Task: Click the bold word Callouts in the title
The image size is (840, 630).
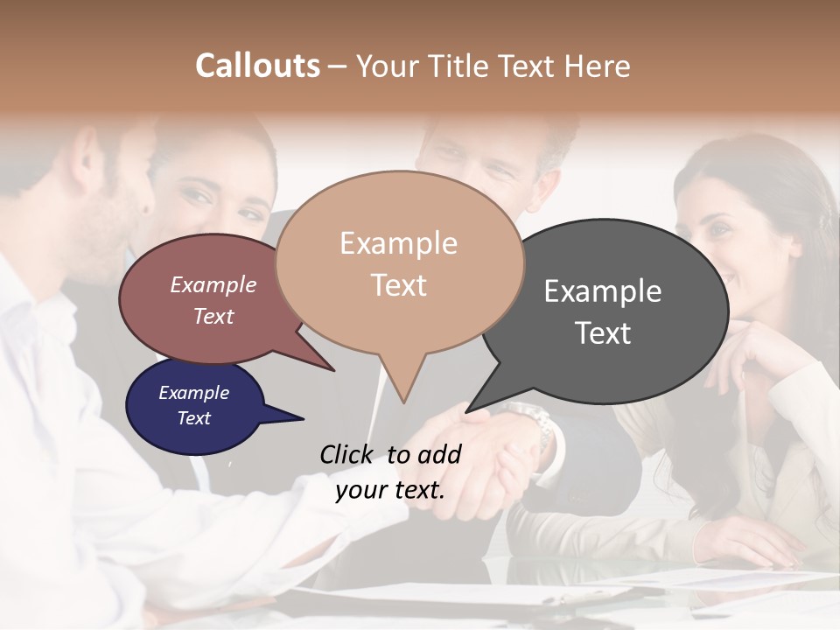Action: coord(257,66)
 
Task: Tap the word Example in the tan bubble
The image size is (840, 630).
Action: coord(398,243)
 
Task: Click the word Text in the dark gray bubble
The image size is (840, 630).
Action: coord(603,333)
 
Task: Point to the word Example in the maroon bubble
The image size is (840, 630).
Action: coord(213,284)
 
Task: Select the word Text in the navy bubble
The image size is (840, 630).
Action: coord(193,418)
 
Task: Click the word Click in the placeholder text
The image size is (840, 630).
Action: coord(347,454)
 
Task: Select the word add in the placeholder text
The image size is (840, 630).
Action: coord(439,454)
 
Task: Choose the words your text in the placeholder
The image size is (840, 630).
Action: coord(389,490)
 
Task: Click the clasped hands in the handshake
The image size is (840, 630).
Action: coord(490,455)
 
